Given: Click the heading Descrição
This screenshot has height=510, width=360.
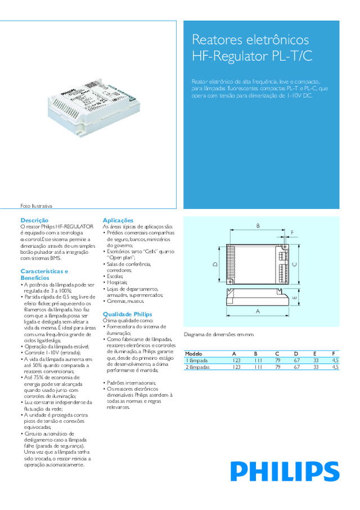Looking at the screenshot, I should (x=34, y=220).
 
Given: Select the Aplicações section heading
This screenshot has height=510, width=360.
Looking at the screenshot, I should (x=118, y=220).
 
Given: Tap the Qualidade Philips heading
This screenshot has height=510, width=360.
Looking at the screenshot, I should (x=127, y=314).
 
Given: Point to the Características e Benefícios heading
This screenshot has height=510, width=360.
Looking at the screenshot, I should (x=44, y=274).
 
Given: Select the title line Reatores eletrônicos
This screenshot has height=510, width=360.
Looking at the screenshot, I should (x=250, y=40).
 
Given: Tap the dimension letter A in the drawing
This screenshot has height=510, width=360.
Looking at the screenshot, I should (x=258, y=310).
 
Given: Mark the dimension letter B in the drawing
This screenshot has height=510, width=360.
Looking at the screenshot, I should (x=258, y=226).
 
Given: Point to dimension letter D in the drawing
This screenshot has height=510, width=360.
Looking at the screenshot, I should (x=215, y=264).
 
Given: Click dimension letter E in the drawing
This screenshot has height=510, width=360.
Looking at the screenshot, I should (x=294, y=298).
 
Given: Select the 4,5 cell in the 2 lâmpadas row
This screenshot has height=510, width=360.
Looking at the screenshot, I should (x=335, y=366).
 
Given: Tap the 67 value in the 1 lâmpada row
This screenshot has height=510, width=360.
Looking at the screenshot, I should (x=296, y=360).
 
